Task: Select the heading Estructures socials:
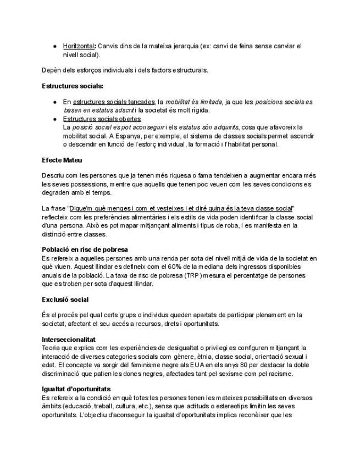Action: tap(73, 86)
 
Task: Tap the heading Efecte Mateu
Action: tap(62, 160)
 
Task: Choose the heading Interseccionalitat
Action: tap(69, 340)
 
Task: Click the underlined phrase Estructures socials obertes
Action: tap(102, 119)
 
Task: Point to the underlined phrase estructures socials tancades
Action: tap(114, 102)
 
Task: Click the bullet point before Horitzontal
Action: tap(56, 47)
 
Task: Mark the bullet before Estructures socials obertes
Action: tap(56, 119)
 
